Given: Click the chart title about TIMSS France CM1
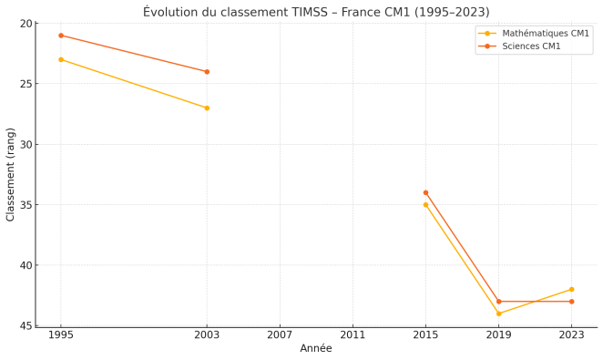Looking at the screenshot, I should [x=316, y=12].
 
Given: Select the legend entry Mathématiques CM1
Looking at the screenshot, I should [x=546, y=33].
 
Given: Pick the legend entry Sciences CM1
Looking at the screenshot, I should [x=531, y=46].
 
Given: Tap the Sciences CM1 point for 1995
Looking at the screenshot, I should [x=61, y=36].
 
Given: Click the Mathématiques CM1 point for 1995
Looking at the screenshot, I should [x=61, y=59].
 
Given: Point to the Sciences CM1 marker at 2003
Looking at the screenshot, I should [x=207, y=72].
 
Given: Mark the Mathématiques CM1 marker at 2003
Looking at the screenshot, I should [x=207, y=108].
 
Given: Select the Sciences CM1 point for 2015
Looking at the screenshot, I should [x=425, y=192].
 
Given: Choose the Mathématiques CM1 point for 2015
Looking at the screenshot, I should [x=425, y=205].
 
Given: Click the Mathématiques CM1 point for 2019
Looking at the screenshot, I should [x=498, y=314].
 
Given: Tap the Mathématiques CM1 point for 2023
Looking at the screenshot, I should [x=571, y=289].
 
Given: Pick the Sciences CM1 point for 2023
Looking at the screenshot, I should [x=571, y=302].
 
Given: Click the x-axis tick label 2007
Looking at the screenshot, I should [x=280, y=335].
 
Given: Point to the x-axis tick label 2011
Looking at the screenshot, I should [x=353, y=335].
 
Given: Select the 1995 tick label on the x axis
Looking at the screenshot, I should [x=61, y=335].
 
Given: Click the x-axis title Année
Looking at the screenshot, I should [x=316, y=349].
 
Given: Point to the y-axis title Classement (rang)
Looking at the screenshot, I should [x=11, y=174].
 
